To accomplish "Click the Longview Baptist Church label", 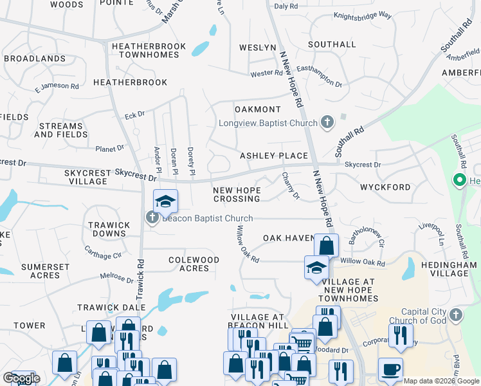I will (x=268, y=123).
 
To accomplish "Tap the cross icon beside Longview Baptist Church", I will (x=327, y=122).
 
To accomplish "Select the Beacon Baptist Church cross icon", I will (x=152, y=217).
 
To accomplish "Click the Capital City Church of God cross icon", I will (x=456, y=315).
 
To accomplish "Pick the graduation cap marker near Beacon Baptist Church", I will (x=165, y=201).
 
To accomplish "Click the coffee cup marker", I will (x=390, y=369).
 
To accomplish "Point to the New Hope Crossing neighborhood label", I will (x=237, y=194).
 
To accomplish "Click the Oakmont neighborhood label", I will (x=257, y=109).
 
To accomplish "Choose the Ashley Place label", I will (x=274, y=156).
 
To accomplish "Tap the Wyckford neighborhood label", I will (x=385, y=187).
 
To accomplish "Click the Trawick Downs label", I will (x=108, y=230).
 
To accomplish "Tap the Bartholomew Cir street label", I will (x=366, y=237).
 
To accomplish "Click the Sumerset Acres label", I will (x=40, y=271).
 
